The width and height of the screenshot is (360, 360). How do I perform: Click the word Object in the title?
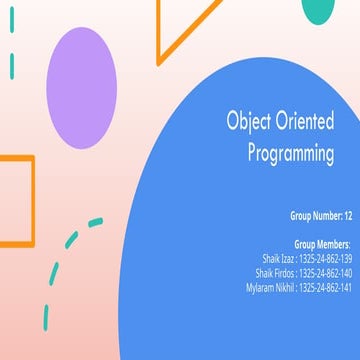point(252,123)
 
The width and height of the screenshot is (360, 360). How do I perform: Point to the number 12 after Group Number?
point(347,215)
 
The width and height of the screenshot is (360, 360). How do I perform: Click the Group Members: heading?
point(322,244)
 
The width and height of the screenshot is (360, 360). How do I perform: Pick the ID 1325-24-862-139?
point(325,258)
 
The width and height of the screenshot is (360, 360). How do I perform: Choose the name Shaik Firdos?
point(275,272)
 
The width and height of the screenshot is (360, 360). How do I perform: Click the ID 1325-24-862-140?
point(325,272)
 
